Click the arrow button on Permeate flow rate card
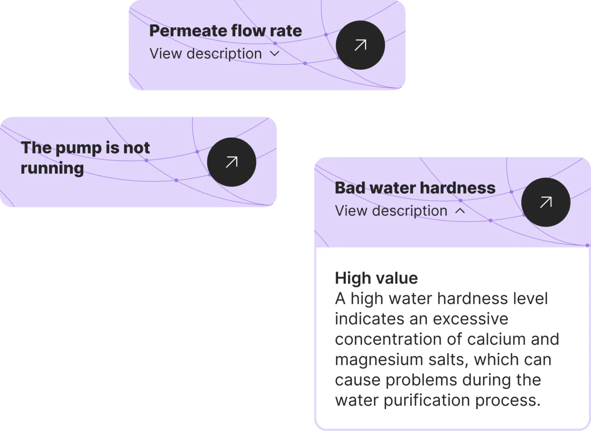click(360, 45)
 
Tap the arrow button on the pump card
click(231, 162)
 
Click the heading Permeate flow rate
click(225, 31)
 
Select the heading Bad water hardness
click(415, 188)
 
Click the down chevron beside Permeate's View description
click(275, 54)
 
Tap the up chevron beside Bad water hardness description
click(460, 211)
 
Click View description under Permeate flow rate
click(206, 54)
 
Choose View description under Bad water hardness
click(391, 211)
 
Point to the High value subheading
click(376, 278)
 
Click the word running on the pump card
click(52, 168)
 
